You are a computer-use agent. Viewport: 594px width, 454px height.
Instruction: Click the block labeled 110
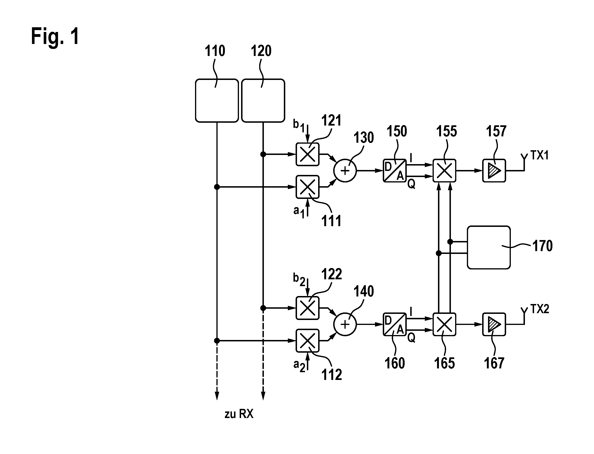tap(217, 101)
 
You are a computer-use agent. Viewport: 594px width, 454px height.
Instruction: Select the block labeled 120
tap(263, 101)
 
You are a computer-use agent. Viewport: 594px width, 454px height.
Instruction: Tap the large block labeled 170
tap(489, 248)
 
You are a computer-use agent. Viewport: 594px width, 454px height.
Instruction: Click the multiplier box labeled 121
tap(308, 154)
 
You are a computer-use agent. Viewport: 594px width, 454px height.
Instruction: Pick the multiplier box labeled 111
tap(308, 187)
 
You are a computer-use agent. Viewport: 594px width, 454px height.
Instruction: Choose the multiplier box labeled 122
tap(308, 308)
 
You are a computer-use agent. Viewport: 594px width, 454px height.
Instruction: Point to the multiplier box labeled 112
tap(308, 341)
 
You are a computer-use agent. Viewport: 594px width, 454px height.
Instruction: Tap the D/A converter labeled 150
tap(395, 170)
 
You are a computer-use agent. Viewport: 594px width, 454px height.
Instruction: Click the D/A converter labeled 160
tap(395, 324)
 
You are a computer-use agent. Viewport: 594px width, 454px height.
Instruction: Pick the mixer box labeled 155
tap(444, 170)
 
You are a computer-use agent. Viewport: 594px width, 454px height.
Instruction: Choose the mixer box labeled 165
tap(444, 324)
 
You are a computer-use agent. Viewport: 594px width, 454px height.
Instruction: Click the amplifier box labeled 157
tap(494, 170)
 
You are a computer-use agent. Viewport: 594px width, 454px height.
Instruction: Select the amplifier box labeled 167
tap(494, 324)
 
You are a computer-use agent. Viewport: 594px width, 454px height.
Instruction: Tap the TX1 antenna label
tap(539, 155)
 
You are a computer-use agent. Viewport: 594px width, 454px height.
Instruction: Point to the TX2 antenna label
tap(540, 309)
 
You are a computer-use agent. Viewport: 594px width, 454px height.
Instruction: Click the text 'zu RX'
tap(239, 414)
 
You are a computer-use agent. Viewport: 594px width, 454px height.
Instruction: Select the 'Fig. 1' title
tap(55, 36)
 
